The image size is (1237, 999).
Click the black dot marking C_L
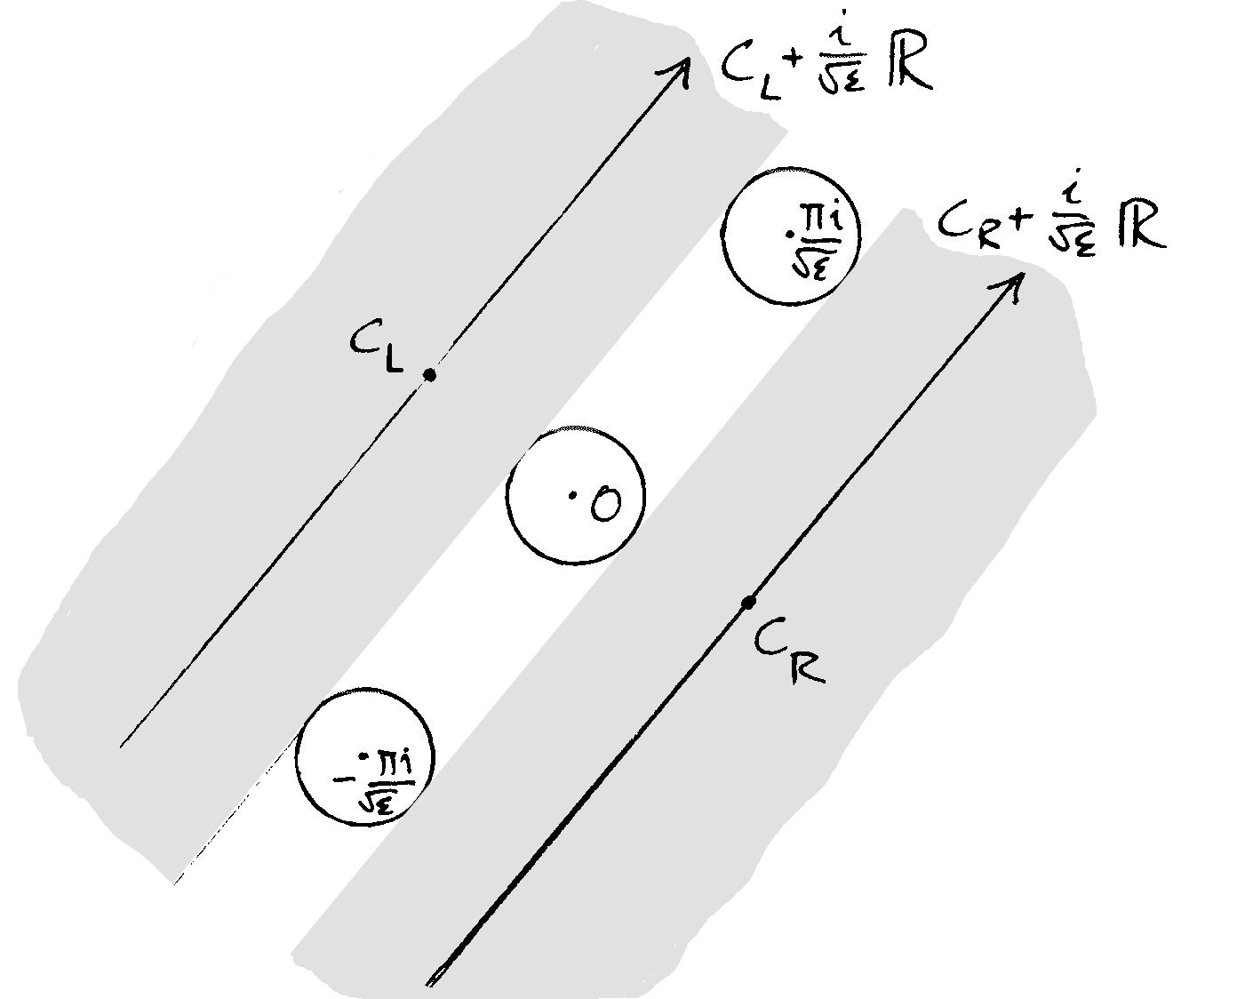coord(429,375)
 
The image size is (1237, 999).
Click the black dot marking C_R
coord(748,603)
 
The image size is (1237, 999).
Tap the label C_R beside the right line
coord(788,654)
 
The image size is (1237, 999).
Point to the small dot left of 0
coord(573,495)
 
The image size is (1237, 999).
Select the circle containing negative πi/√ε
coord(363,755)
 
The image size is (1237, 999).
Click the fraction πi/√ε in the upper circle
coord(810,241)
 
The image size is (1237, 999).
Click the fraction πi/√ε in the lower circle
coord(383,779)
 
